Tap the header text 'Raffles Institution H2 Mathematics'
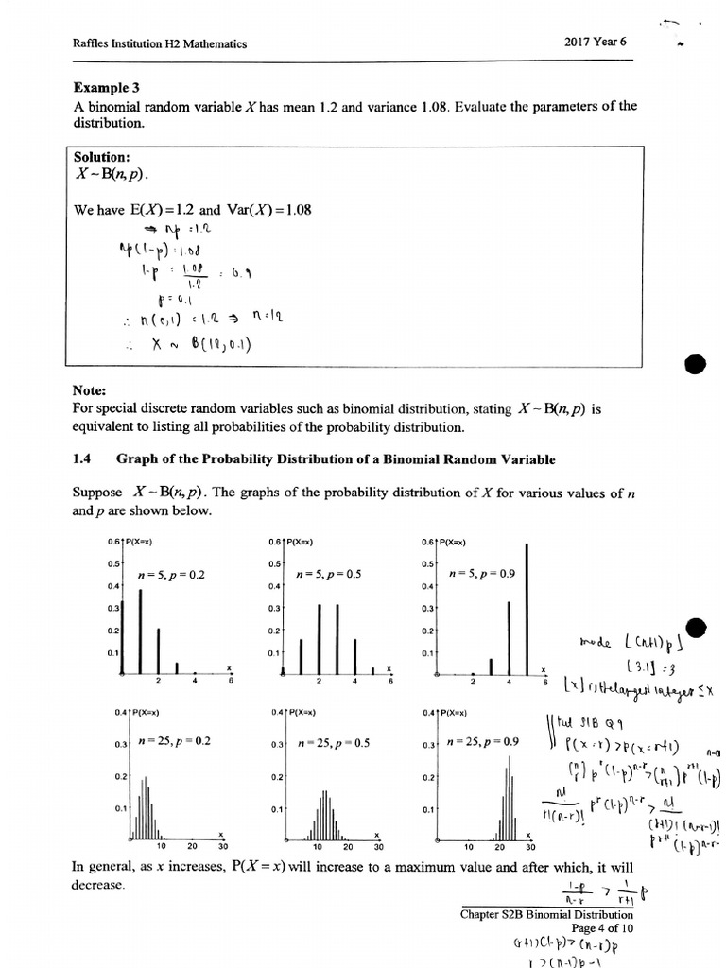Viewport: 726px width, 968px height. coord(159,43)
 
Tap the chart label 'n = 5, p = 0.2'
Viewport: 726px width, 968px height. coord(171,575)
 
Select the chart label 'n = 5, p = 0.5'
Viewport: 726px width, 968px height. coord(329,574)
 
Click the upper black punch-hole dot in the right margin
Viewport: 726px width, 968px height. coord(693,366)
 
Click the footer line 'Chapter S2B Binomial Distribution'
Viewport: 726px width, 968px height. coord(546,914)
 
